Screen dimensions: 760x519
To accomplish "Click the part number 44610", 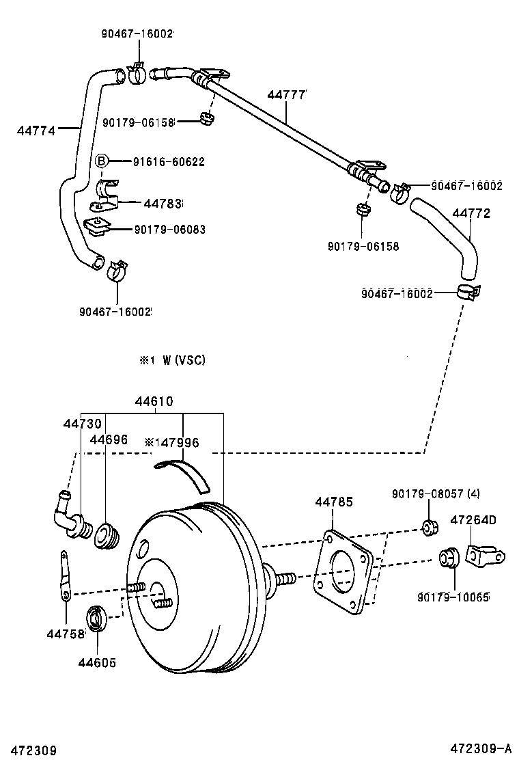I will [154, 401].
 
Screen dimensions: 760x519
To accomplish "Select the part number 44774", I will [36, 127].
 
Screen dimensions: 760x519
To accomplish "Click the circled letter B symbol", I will [100, 161].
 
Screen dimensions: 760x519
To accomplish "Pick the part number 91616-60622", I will [168, 162].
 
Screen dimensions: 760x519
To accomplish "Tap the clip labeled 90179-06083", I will [98, 227].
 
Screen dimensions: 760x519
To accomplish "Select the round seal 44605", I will [96, 619].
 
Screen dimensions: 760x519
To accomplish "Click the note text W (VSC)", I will [184, 360].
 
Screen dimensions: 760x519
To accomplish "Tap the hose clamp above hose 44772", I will [402, 193].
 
